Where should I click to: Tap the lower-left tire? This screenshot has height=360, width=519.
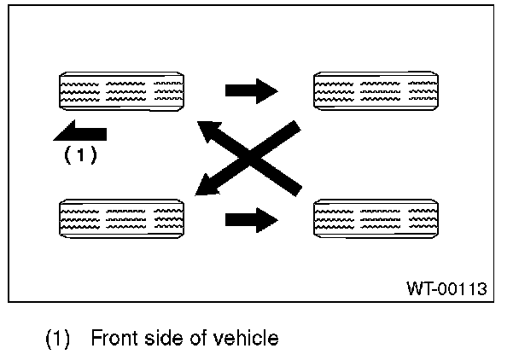120,219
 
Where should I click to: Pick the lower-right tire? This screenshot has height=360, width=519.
377,219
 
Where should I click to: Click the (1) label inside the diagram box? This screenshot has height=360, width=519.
81,155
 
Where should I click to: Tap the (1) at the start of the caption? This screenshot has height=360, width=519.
58,339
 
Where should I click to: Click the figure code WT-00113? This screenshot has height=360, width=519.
446,288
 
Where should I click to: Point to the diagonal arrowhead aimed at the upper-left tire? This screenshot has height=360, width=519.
206,130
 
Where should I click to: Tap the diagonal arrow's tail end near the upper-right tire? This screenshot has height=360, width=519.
295,128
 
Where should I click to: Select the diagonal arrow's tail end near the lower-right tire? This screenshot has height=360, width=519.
295,187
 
